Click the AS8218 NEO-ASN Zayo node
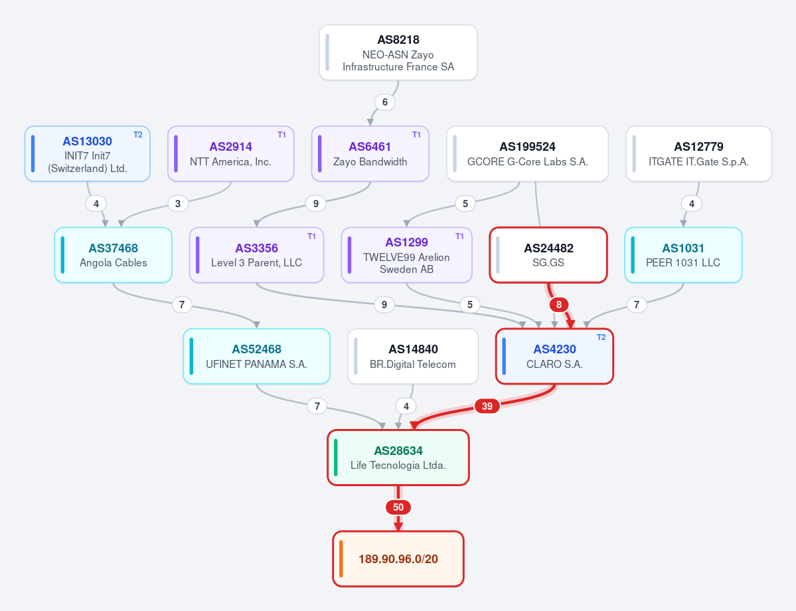click(x=398, y=52)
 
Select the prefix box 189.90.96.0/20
click(x=398, y=559)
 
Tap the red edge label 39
click(x=487, y=406)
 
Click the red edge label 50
click(x=398, y=507)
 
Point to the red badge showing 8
click(x=559, y=304)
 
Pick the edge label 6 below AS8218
click(x=385, y=102)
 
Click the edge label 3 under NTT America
click(x=178, y=204)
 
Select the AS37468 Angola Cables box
click(x=114, y=255)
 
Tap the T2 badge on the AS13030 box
click(x=138, y=135)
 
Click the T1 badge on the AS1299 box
click(x=459, y=236)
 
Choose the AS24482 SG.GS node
click(x=548, y=255)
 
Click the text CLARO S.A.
click(x=554, y=364)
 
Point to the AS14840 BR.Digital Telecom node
click(x=413, y=356)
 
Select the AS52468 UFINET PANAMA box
click(x=256, y=356)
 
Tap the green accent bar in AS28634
click(x=336, y=458)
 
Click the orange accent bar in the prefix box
click(x=341, y=559)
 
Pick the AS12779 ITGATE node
click(x=698, y=153)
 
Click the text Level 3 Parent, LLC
click(x=256, y=262)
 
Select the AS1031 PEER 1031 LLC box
click(x=683, y=255)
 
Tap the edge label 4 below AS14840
click(x=406, y=406)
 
